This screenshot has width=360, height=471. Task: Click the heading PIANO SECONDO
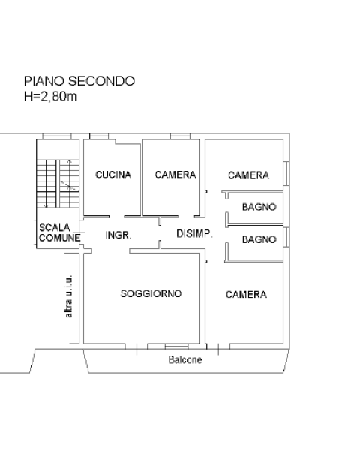click(79, 81)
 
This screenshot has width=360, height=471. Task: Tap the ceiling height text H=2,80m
click(50, 97)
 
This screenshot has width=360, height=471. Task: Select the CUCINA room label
click(113, 175)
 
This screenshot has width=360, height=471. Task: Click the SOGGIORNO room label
click(151, 293)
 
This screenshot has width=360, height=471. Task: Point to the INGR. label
click(118, 235)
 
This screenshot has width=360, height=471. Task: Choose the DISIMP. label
click(194, 234)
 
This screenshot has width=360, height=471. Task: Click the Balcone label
click(185, 359)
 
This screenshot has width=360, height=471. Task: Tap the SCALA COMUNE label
click(59, 232)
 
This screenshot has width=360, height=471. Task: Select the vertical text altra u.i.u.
click(69, 296)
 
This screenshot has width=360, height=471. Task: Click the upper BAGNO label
click(259, 207)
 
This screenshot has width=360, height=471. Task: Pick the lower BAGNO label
click(259, 239)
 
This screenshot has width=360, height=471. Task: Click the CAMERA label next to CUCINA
click(175, 175)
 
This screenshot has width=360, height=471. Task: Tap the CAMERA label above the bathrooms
click(248, 175)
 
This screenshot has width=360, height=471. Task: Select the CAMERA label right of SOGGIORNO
click(246, 294)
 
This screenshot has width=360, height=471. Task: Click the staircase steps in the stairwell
click(58, 184)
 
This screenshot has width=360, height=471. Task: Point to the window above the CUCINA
click(99, 136)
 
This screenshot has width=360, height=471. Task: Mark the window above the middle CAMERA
click(180, 136)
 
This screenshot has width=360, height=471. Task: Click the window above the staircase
click(57, 136)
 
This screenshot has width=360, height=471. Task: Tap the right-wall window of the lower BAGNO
click(286, 237)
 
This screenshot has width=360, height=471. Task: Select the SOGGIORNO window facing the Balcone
click(177, 346)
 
